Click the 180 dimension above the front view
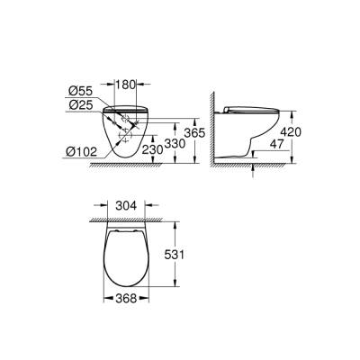[127, 85]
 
